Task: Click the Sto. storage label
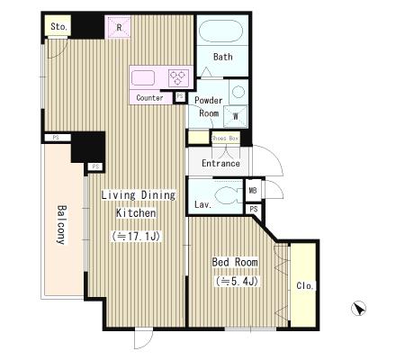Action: pyautogui.click(x=58, y=27)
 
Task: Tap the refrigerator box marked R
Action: pyautogui.click(x=118, y=27)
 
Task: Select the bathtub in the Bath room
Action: pyautogui.click(x=220, y=31)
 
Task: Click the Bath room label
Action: pyautogui.click(x=222, y=57)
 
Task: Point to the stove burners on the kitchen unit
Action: pyautogui.click(x=179, y=78)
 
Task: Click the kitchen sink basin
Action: pyautogui.click(x=143, y=78)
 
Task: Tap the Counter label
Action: pyautogui.click(x=149, y=97)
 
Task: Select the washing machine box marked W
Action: pyautogui.click(x=236, y=116)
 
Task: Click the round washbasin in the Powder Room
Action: pyautogui.click(x=238, y=92)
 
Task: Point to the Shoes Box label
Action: pyautogui.click(x=225, y=139)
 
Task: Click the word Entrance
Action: pyautogui.click(x=220, y=163)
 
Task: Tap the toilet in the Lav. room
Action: pyautogui.click(x=228, y=195)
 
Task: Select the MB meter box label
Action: pyautogui.click(x=253, y=190)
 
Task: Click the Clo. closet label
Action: pyautogui.click(x=305, y=285)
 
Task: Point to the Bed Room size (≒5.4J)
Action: pyautogui.click(x=237, y=282)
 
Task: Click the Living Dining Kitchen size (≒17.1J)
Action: pyautogui.click(x=136, y=237)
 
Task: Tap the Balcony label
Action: pyautogui.click(x=61, y=225)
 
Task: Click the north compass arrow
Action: pyautogui.click(x=358, y=309)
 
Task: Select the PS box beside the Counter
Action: pyautogui.click(x=180, y=96)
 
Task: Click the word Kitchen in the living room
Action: pyautogui.click(x=136, y=213)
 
